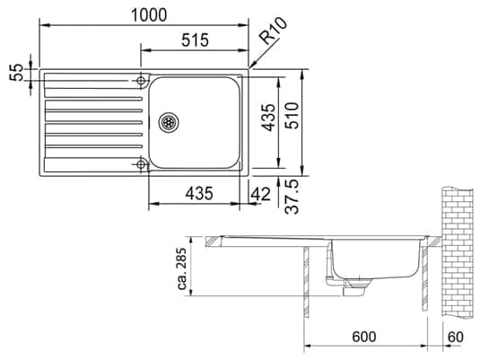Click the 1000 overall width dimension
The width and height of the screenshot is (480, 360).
pyautogui.click(x=149, y=14)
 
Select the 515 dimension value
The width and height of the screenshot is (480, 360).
pyautogui.click(x=195, y=40)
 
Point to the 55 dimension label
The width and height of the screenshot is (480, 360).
pyautogui.click(x=16, y=73)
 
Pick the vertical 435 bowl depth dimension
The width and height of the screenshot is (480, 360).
pyautogui.click(x=269, y=118)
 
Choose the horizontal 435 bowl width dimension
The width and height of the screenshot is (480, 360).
pyautogui.click(x=199, y=193)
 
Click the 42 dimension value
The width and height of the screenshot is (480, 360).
pyautogui.click(x=261, y=194)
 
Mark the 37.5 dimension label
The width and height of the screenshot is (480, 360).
pyautogui.click(x=292, y=197)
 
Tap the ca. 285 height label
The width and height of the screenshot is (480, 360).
pyautogui.click(x=182, y=268)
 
